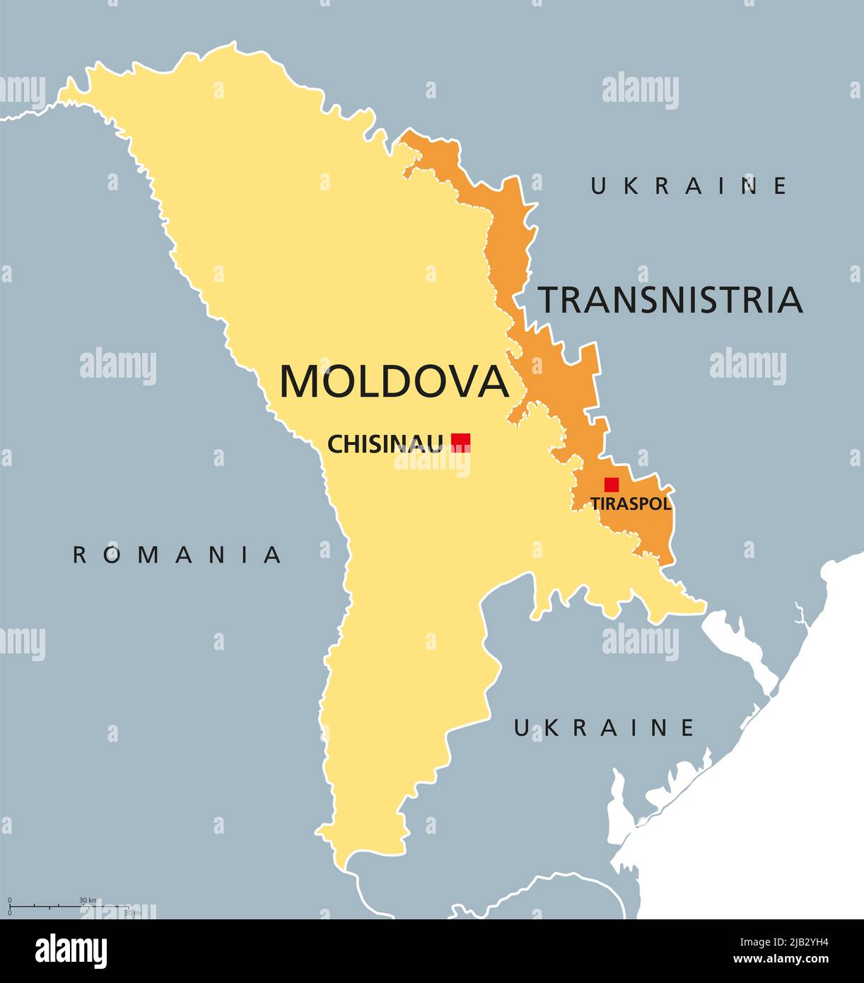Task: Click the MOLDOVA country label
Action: tap(394, 382)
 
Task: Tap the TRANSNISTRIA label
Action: tap(670, 300)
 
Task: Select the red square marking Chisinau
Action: tap(461, 442)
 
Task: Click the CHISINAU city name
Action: tap(385, 444)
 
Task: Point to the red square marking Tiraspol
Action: tap(612, 484)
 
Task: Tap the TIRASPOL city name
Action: tap(631, 504)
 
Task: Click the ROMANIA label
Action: tap(177, 555)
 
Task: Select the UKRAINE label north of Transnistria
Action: tap(689, 186)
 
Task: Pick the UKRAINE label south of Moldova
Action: tap(604, 728)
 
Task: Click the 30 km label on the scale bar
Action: tap(88, 900)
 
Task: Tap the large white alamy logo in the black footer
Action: tap(71, 951)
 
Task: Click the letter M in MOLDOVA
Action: tap(298, 382)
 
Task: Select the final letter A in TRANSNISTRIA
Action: tap(788, 300)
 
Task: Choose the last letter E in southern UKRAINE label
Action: tap(687, 728)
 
